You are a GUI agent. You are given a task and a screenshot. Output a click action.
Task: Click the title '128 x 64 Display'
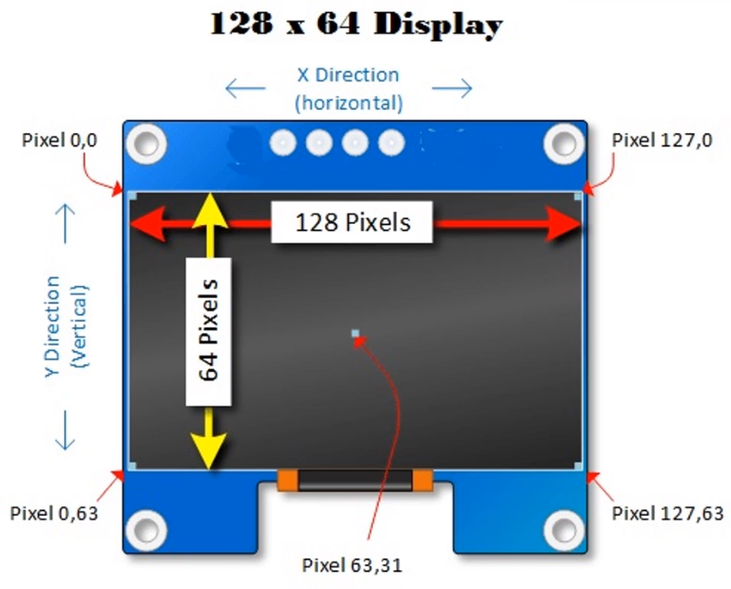[x=356, y=25]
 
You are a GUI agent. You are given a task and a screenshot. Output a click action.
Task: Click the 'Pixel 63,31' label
[x=352, y=566]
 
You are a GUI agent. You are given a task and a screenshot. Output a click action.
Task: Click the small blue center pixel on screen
[x=355, y=334]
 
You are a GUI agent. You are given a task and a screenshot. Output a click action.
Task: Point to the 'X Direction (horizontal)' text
[x=348, y=89]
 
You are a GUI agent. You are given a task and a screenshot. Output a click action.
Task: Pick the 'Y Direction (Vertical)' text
[x=65, y=326]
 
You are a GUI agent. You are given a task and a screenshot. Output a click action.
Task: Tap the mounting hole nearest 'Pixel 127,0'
[x=564, y=142]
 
